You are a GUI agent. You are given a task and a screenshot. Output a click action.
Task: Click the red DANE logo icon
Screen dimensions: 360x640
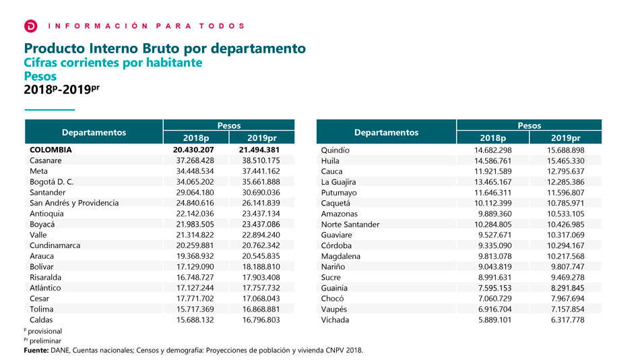coord(30,26)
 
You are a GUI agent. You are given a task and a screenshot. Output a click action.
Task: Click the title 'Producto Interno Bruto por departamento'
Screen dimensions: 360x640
coord(165,49)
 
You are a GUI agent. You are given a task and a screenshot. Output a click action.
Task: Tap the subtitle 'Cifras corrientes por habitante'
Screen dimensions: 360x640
coord(113,63)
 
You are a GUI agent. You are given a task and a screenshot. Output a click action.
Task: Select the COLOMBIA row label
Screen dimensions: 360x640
coord(51,150)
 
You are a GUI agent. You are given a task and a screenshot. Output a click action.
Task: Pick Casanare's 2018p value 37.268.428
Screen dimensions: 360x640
coord(193,160)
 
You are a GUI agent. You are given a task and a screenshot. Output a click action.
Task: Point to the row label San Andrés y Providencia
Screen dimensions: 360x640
coord(74,203)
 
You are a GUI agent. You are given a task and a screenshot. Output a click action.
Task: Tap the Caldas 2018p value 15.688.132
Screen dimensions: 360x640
coord(193,320)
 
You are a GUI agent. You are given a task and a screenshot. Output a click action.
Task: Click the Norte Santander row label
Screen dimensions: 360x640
coord(350,224)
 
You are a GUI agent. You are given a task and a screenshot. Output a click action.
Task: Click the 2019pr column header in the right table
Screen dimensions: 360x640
coord(565,138)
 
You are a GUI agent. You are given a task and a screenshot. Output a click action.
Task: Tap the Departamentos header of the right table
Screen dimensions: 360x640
coord(386,132)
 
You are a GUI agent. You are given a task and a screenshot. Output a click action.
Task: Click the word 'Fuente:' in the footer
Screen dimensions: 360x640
coord(36,351)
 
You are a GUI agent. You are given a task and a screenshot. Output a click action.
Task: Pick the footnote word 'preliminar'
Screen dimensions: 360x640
coord(46,341)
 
